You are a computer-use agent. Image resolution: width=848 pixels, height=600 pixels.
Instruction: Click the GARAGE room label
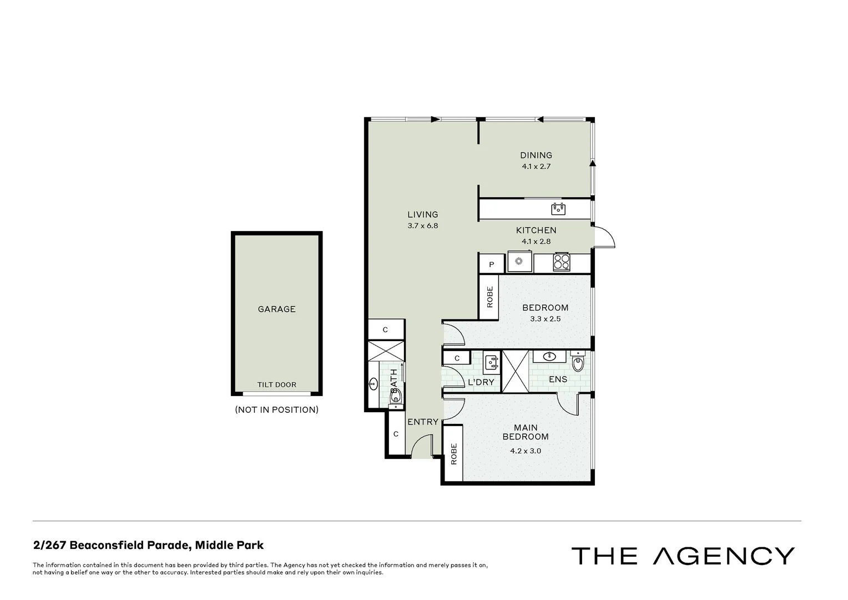276,309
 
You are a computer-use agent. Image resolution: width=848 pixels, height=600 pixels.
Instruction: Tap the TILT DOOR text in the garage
276,384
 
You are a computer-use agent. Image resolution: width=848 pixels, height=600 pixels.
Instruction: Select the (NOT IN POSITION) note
276,410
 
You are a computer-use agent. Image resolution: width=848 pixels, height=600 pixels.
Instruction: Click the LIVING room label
422,214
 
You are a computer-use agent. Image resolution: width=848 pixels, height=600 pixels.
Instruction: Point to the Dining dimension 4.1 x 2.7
536,166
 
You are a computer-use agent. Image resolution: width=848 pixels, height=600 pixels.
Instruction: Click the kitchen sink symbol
558,209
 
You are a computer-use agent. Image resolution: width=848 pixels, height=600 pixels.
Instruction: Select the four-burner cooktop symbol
561,262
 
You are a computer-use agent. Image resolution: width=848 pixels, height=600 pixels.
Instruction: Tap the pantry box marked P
491,265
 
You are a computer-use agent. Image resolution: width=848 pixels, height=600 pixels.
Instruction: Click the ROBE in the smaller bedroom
489,297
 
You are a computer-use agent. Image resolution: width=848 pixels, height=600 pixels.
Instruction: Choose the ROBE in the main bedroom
453,454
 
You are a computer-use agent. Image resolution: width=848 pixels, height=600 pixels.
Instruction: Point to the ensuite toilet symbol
578,362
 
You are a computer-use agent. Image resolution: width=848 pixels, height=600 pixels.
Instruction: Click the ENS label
558,379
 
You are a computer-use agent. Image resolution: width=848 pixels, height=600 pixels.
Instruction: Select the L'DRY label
481,382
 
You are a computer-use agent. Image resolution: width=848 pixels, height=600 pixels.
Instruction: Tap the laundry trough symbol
491,362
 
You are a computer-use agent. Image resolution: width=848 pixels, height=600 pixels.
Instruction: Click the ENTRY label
423,422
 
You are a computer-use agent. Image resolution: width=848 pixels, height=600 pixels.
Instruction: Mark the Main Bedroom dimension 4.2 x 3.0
525,451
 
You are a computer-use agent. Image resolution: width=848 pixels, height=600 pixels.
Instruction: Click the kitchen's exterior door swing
605,238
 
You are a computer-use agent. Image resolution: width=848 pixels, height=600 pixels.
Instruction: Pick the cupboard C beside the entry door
396,434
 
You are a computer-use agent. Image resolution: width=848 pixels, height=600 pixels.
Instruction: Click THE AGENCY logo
683,556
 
